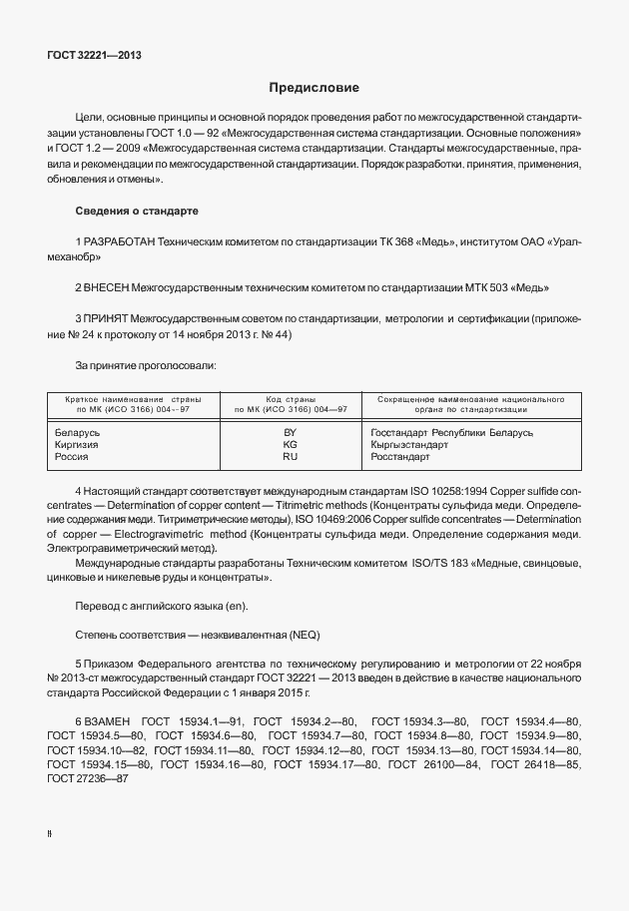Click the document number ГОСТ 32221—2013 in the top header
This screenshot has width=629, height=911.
[94, 55]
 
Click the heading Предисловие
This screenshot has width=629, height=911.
[314, 89]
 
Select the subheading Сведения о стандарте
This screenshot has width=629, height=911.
[137, 212]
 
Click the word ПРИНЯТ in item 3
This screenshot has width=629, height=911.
[106, 318]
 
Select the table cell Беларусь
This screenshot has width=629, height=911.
[78, 433]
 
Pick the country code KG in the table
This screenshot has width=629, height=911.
[290, 445]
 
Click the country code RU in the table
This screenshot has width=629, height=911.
[290, 457]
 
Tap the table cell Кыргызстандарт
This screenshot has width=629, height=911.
[410, 445]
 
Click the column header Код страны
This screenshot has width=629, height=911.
[291, 398]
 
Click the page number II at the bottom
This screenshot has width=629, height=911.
[50, 831]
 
